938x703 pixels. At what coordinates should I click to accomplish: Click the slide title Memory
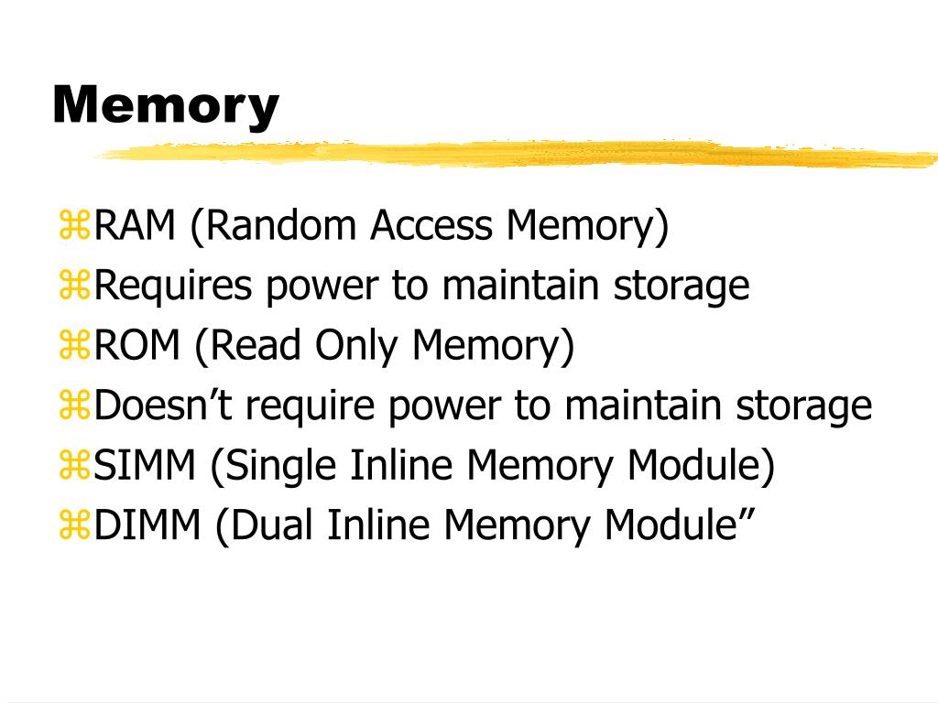166,106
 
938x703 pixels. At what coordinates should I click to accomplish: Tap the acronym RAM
135,225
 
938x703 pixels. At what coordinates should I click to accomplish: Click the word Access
431,225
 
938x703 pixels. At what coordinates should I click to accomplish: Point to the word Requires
173,287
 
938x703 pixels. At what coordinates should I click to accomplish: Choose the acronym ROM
137,345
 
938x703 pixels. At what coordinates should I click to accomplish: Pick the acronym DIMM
147,525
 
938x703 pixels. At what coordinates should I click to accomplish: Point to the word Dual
272,525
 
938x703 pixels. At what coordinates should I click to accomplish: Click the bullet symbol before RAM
74,225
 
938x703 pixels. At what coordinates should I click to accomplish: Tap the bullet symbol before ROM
74,345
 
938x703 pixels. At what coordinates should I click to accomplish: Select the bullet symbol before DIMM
74,525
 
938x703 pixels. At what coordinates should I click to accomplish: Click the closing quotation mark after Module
747,514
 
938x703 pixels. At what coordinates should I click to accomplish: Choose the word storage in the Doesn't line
803,407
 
